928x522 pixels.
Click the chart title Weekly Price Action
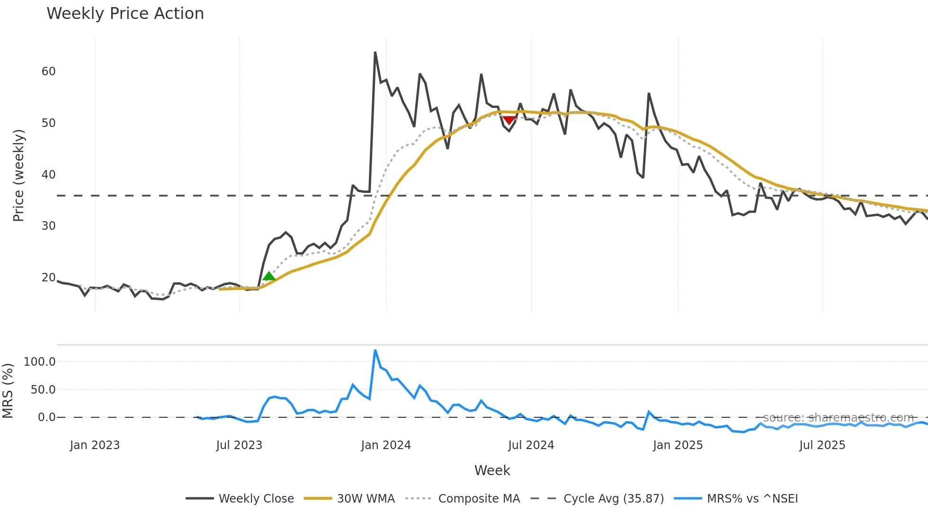click(125, 14)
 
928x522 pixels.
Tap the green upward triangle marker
click(269, 276)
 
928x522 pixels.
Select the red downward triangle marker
click(509, 120)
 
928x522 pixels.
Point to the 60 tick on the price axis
click(48, 72)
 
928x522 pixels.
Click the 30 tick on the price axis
click(48, 226)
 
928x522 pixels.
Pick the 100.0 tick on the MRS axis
click(40, 362)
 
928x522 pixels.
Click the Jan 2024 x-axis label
click(386, 445)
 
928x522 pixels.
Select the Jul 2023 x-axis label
click(239, 445)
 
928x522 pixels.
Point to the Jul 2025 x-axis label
click(822, 445)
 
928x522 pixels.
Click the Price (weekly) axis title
click(18, 175)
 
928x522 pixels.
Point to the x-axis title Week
click(492, 470)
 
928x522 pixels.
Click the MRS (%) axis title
click(8, 391)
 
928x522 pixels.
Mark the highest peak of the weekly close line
click(375, 52)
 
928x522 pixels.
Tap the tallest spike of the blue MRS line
click(375, 350)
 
